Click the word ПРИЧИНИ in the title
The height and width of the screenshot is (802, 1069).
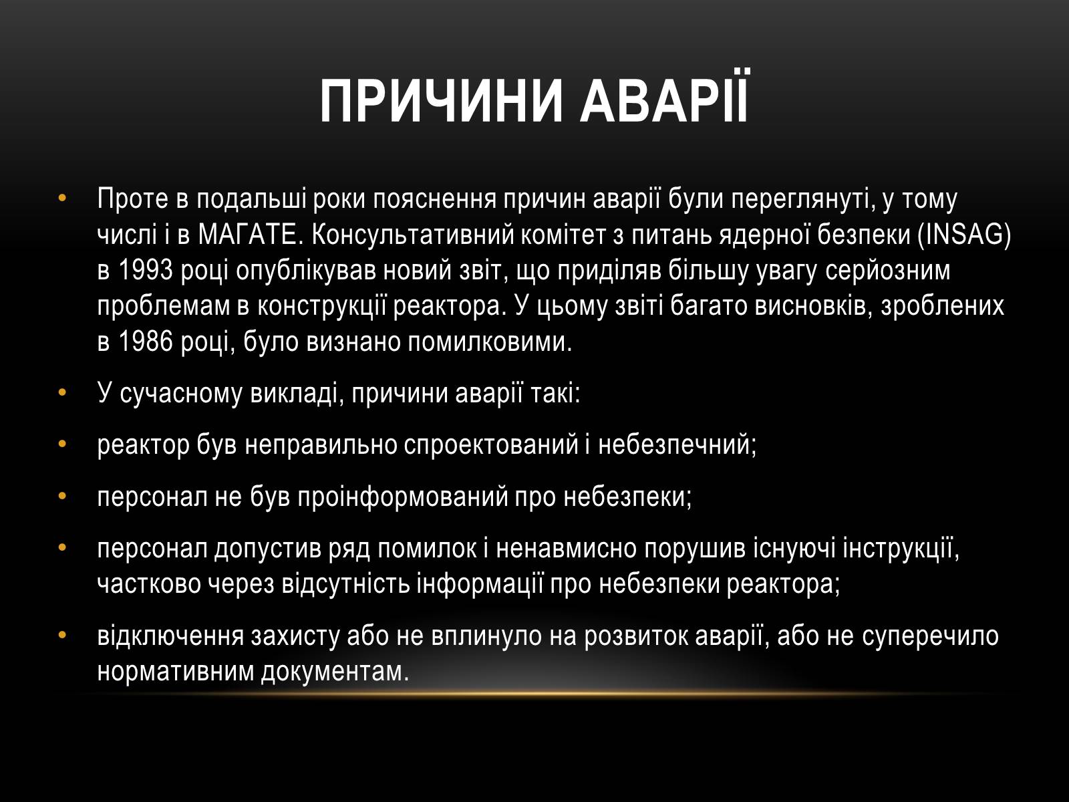[x=441, y=102]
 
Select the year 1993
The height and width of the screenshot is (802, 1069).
[x=146, y=271]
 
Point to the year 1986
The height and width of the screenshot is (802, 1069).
[x=146, y=342]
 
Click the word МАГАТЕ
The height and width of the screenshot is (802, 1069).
[x=247, y=235]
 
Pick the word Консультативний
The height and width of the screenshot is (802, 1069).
[x=413, y=235]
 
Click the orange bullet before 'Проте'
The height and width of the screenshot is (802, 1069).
[x=62, y=198]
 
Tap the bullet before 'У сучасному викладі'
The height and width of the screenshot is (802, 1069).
[x=62, y=392]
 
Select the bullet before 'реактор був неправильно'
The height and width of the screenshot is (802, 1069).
[x=62, y=444]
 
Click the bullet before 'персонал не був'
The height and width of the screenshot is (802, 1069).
[x=62, y=496]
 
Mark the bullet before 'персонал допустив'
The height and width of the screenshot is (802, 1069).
[x=62, y=548]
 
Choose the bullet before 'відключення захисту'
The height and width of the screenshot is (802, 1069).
[x=62, y=636]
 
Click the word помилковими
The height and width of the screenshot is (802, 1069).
[x=490, y=343]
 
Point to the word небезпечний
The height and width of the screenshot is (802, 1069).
[x=677, y=445]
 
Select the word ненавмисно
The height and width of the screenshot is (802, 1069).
[x=567, y=549]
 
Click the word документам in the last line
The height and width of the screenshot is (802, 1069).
[x=335, y=672]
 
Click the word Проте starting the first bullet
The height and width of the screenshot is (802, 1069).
[x=132, y=198]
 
